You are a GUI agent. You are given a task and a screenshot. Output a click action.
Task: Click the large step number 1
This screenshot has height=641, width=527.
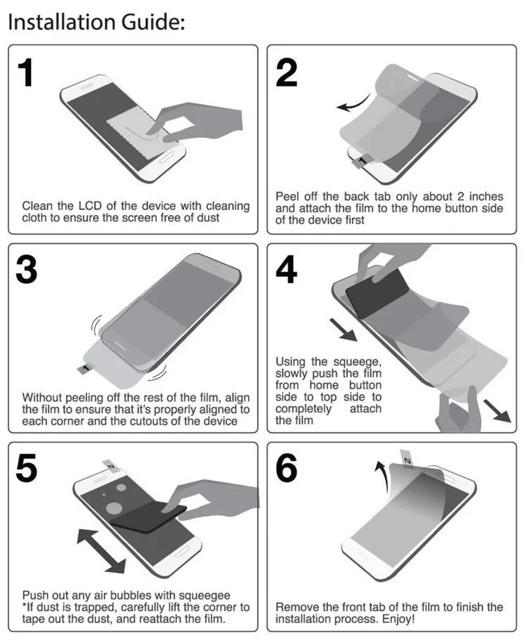(26, 74)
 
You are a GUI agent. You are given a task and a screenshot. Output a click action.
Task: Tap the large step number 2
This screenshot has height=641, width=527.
(286, 74)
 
